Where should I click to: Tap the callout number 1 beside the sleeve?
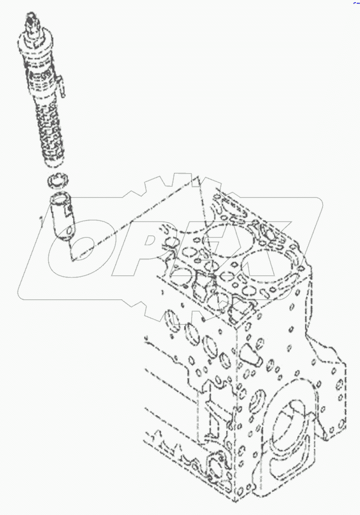(40, 217)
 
